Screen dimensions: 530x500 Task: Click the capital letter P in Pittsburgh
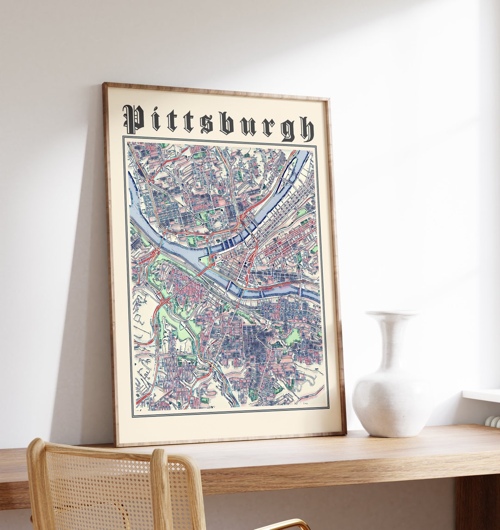pos(133,119)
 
